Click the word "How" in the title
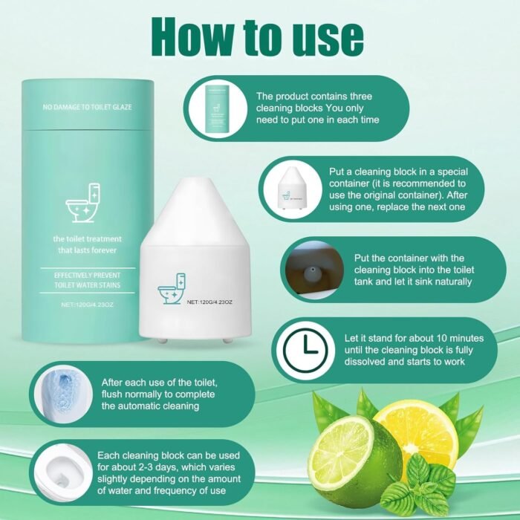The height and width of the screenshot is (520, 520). [192, 37]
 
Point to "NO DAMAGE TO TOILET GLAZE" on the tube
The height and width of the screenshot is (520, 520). [87, 107]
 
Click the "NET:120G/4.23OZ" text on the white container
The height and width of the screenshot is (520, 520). [209, 302]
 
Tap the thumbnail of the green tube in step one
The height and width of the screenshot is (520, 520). [218, 109]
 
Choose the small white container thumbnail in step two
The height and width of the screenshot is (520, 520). [290, 189]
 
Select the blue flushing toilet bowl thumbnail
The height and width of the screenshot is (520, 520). [63, 394]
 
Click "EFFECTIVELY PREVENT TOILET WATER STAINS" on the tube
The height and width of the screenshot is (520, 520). [87, 280]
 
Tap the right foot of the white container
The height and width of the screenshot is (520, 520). [227, 340]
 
